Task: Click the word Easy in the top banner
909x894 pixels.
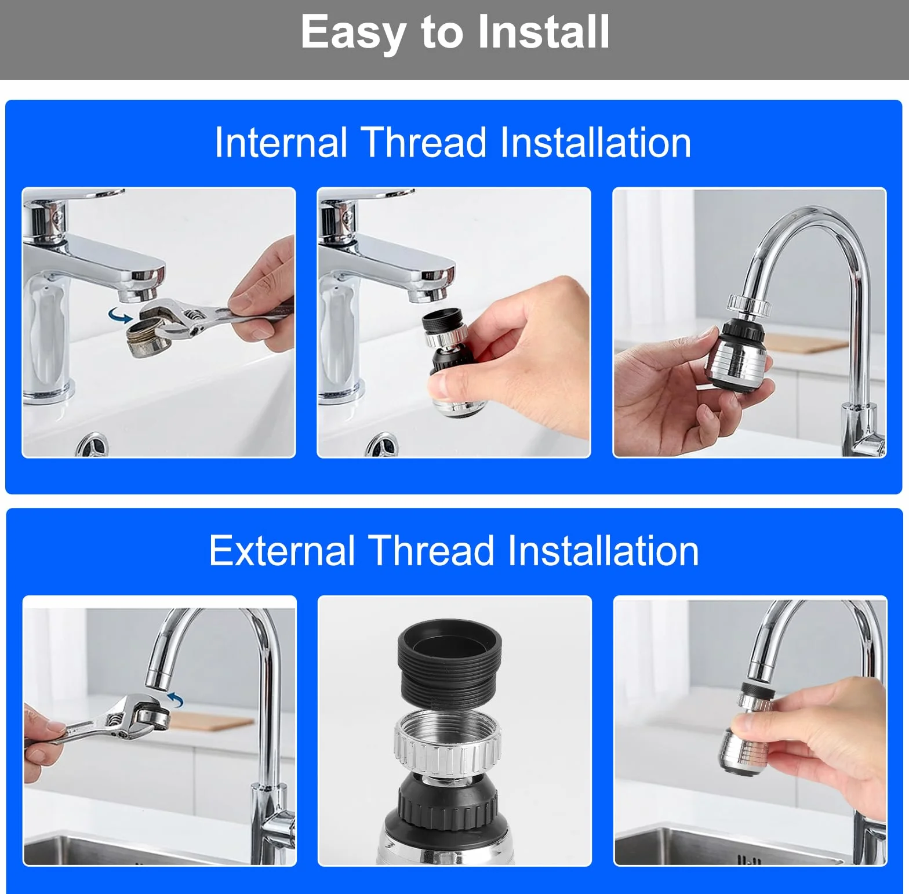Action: pyautogui.click(x=353, y=33)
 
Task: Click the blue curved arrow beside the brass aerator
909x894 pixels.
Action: pyautogui.click(x=121, y=316)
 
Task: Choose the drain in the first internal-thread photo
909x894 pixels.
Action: pyautogui.click(x=92, y=444)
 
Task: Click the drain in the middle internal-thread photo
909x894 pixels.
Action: pyautogui.click(x=382, y=444)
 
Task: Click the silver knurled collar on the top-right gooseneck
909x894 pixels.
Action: pyautogui.click(x=748, y=305)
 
